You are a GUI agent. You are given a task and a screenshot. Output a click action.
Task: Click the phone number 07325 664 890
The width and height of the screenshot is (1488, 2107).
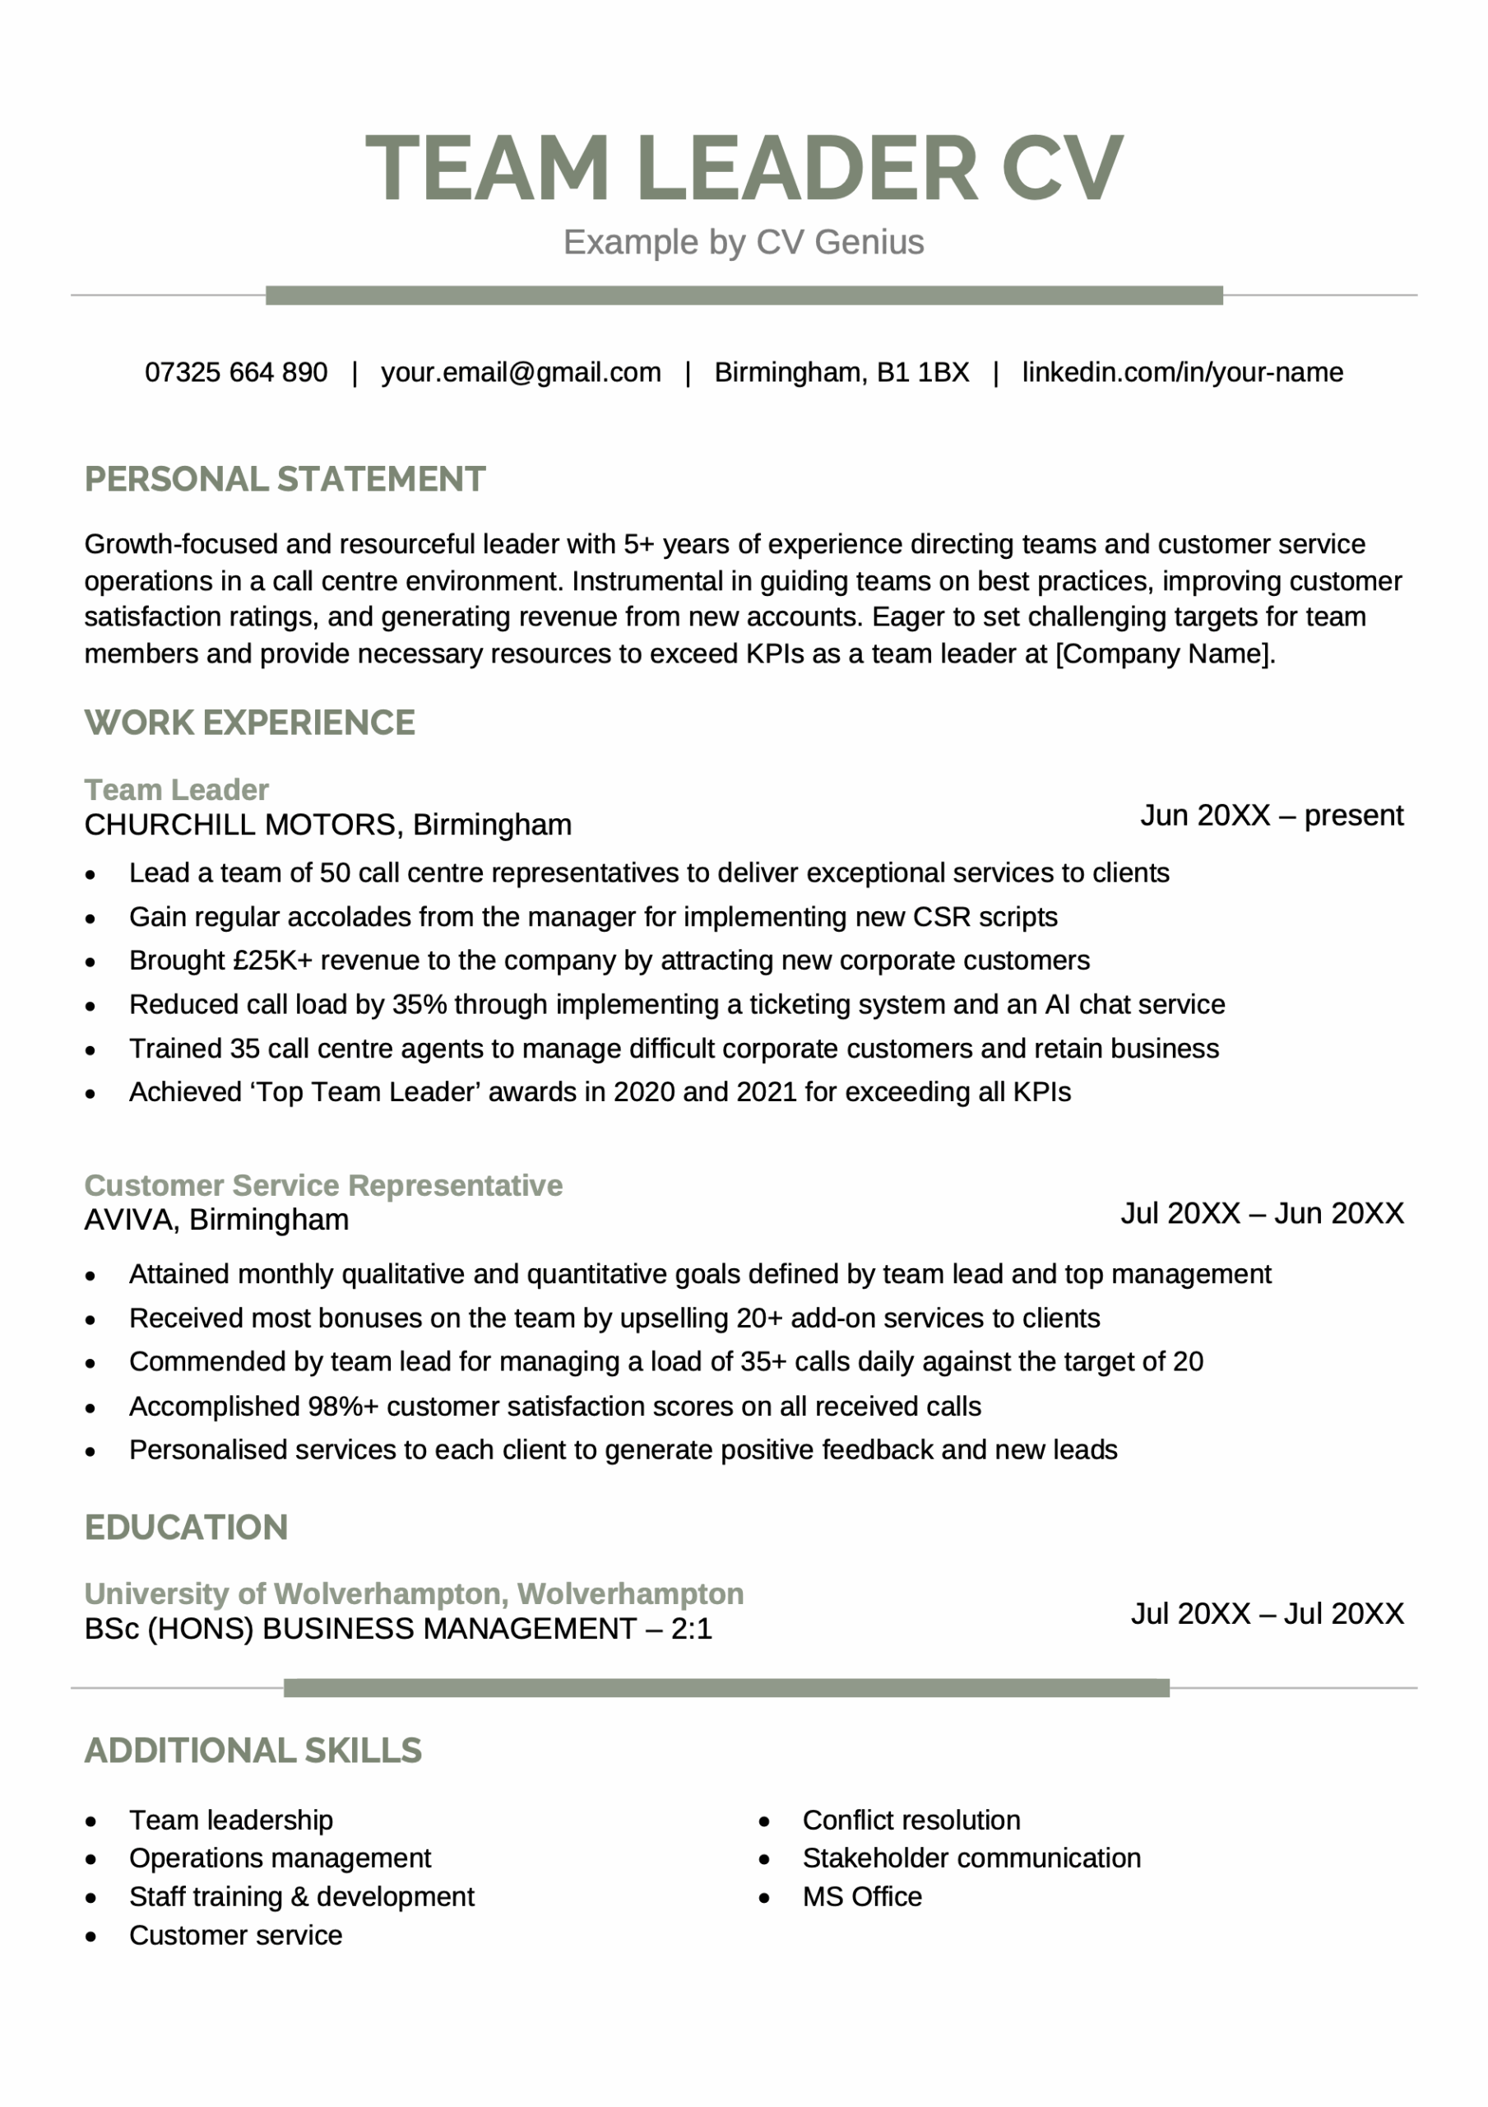(x=236, y=372)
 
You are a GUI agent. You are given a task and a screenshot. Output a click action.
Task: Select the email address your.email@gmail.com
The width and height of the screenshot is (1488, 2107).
(x=520, y=372)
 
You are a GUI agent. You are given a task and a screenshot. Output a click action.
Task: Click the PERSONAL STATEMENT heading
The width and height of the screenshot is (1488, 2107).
(x=285, y=479)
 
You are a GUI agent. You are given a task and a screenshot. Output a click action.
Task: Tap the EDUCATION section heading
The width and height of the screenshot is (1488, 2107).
(x=186, y=1527)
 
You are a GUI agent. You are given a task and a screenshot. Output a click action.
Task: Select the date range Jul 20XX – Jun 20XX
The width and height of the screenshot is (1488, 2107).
(x=1262, y=1213)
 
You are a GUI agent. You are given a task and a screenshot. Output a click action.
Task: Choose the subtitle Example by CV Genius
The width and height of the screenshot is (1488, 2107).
(x=743, y=242)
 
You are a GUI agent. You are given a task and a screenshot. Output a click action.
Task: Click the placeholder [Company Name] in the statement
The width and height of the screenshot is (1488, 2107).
(x=1164, y=653)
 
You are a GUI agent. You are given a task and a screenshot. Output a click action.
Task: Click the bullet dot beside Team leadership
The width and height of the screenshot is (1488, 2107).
(x=90, y=1821)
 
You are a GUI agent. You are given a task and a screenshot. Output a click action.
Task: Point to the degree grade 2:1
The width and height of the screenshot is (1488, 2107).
(x=691, y=1629)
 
